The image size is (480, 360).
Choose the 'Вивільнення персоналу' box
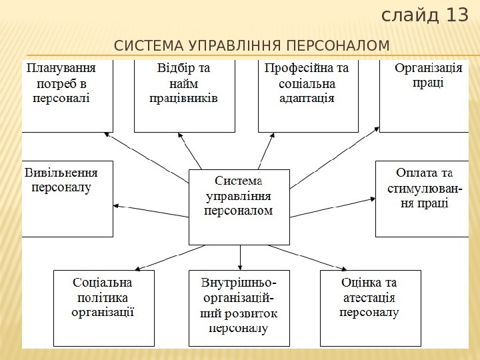click(67, 198)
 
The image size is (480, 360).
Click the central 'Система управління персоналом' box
click(239, 207)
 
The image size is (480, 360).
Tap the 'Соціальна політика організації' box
click(103, 307)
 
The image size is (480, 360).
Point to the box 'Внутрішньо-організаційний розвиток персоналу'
click(239, 307)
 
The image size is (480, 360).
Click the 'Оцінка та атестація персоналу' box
click(371, 307)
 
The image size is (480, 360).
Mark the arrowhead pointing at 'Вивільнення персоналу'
click(117, 206)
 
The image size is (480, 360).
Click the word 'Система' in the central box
click(239, 181)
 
